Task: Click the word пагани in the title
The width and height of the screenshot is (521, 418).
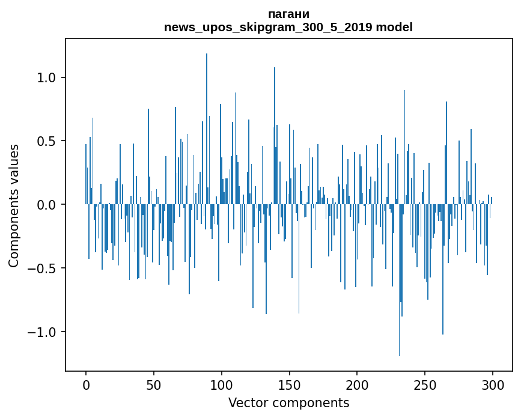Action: tap(288, 14)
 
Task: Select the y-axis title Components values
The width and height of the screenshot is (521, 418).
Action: tap(14, 205)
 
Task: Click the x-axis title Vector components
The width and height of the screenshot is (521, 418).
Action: tap(288, 402)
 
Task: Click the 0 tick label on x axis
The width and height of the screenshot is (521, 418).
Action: tap(86, 385)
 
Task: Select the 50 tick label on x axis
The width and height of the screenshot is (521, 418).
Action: tap(154, 385)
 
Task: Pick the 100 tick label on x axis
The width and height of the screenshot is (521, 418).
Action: tap(222, 385)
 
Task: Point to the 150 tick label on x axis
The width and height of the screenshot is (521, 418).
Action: tap(290, 385)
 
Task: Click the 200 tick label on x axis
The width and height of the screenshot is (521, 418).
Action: tap(357, 385)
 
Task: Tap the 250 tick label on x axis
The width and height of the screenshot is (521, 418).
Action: tap(425, 385)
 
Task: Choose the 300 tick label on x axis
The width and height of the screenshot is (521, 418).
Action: tap(493, 385)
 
